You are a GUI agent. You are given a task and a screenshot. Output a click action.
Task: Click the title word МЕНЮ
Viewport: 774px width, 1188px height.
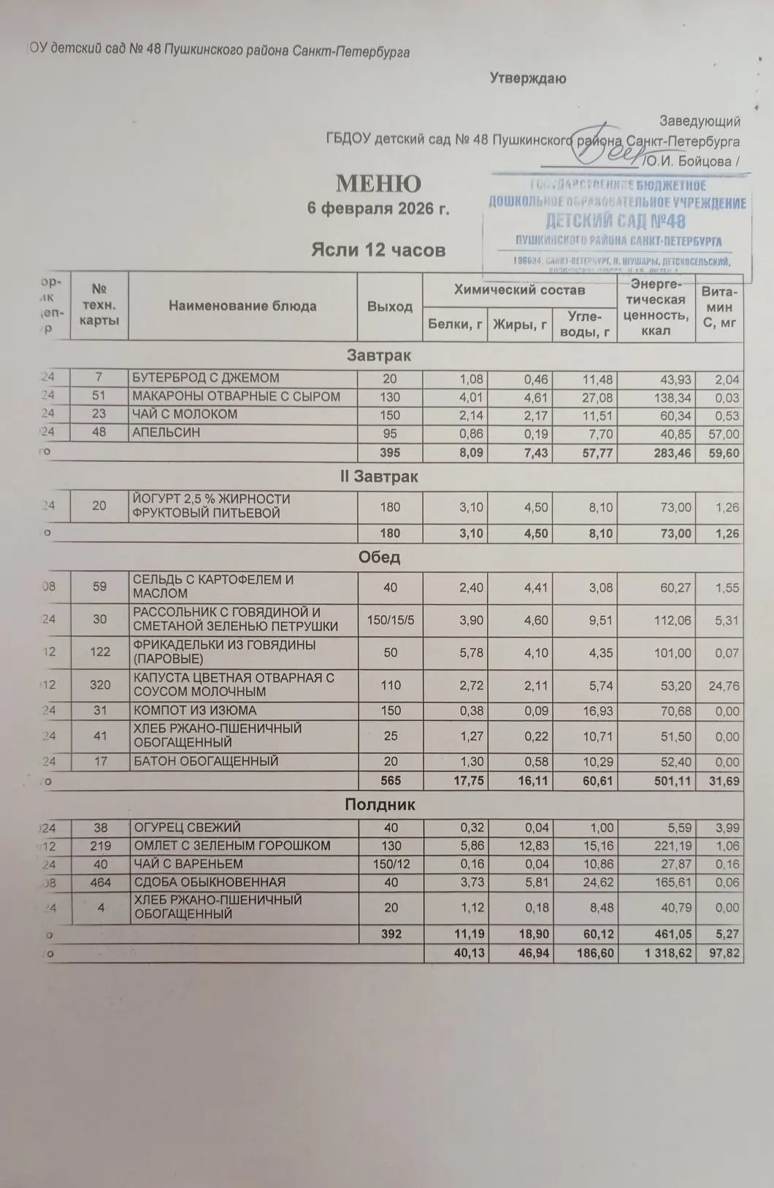pyautogui.click(x=378, y=183)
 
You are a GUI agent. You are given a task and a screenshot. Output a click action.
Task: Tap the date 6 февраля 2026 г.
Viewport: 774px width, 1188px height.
pyautogui.click(x=378, y=209)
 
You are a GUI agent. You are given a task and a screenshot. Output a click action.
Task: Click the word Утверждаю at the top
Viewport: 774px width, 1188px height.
pyautogui.click(x=527, y=79)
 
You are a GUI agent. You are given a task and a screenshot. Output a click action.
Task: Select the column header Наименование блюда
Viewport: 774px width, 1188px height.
pyautogui.click(x=242, y=306)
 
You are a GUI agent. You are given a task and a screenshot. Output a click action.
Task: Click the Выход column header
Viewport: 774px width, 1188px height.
pyautogui.click(x=390, y=306)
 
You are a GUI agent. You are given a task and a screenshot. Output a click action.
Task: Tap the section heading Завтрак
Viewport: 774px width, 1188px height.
pyautogui.click(x=378, y=356)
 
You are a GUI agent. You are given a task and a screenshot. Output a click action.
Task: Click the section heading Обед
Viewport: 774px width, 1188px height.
pyautogui.click(x=379, y=558)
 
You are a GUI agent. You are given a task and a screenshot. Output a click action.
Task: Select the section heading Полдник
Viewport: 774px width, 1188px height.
pyautogui.click(x=380, y=805)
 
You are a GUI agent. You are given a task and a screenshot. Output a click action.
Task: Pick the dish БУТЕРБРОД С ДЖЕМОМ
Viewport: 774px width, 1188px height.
pyautogui.click(x=205, y=378)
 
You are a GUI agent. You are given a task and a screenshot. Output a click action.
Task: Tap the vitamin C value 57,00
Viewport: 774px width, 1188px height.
pyautogui.click(x=719, y=434)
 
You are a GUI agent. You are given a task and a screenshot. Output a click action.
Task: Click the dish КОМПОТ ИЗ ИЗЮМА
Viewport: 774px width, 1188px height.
pyautogui.click(x=194, y=711)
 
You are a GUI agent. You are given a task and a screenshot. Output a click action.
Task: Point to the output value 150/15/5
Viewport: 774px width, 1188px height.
pyautogui.click(x=391, y=620)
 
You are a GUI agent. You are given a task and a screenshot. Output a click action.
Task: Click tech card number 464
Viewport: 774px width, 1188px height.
pyautogui.click(x=100, y=882)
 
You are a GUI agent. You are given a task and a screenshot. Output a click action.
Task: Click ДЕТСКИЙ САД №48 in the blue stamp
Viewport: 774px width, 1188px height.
pyautogui.click(x=615, y=220)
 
